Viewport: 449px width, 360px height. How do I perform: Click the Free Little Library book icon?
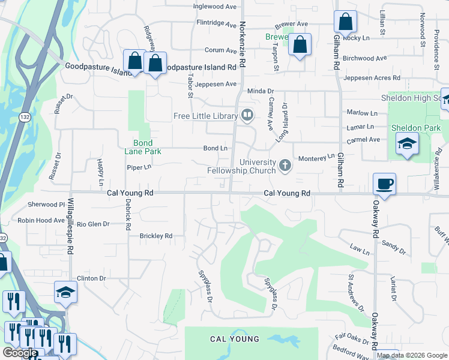click(x=247, y=115)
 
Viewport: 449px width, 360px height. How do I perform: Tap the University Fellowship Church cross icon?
click(x=285, y=164)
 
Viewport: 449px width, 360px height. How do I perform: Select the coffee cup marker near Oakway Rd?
click(x=384, y=184)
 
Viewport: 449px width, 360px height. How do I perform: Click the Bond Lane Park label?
click(x=143, y=147)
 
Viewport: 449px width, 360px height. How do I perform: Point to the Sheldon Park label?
click(x=415, y=128)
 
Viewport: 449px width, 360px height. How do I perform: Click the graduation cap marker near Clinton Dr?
click(x=65, y=292)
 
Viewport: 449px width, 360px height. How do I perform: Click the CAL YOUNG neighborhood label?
click(x=235, y=339)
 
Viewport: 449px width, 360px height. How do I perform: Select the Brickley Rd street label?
click(x=155, y=236)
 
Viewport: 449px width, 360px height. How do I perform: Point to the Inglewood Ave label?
click(x=215, y=7)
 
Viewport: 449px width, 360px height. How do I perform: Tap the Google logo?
click(x=19, y=353)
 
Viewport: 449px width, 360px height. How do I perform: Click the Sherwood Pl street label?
click(x=45, y=205)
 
